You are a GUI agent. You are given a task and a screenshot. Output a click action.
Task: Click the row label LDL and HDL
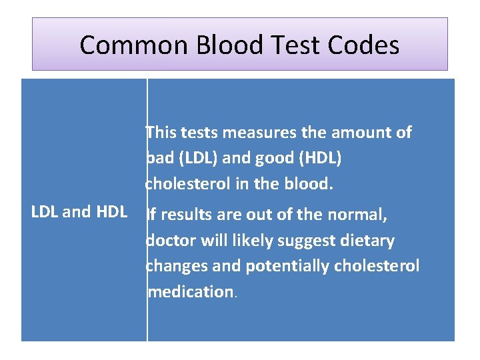click(x=79, y=212)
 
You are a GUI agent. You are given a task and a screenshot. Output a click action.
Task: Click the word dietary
click(x=365, y=240)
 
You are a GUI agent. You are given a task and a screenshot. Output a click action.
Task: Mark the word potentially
click(x=285, y=266)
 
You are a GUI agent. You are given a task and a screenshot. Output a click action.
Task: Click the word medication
click(x=190, y=291)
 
